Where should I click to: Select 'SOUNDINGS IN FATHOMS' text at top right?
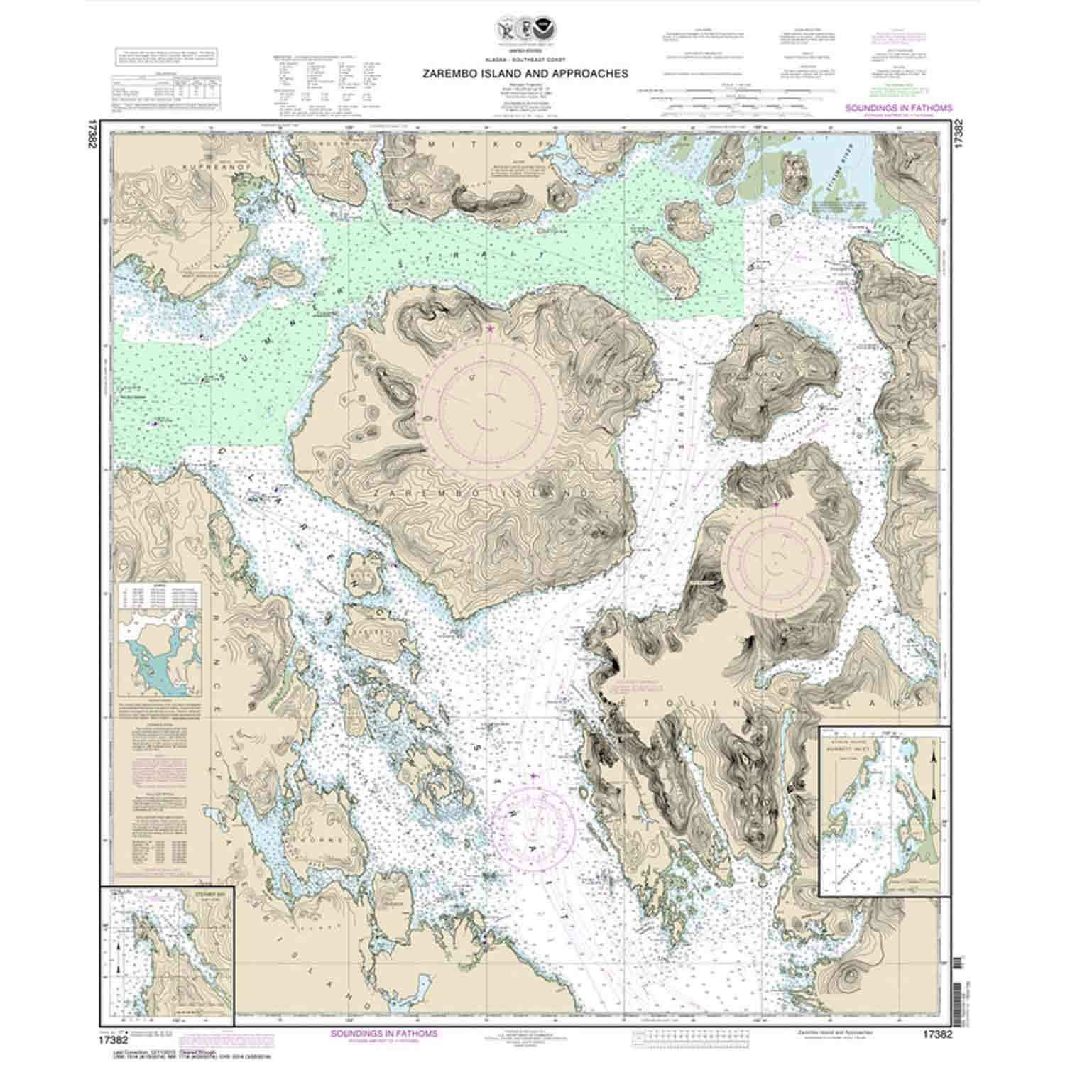898,109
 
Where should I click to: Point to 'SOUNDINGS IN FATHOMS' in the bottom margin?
384,1033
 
